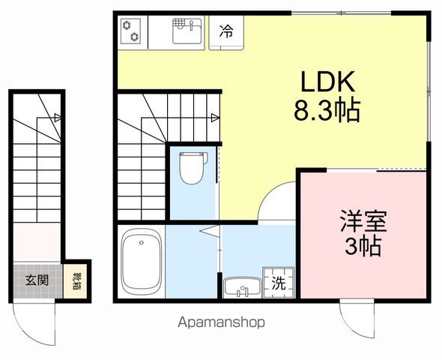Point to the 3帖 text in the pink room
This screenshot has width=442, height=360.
coord(363,246)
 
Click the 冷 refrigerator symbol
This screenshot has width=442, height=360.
coord(225,31)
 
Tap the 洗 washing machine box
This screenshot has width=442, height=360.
coord(278,283)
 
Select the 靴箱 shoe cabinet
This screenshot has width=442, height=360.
coord(76,282)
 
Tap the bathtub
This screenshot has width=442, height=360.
coord(142,262)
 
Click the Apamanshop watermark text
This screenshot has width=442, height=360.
coord(221,322)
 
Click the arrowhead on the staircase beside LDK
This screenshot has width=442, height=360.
coord(215,116)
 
